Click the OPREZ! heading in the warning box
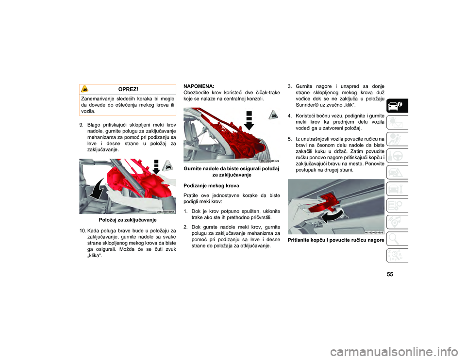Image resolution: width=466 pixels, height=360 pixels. (x=128, y=89)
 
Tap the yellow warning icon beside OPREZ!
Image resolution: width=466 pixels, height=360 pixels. (x=84, y=88)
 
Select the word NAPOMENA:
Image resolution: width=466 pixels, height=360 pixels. (x=199, y=86)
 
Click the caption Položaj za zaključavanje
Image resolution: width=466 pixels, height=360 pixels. (x=128, y=220)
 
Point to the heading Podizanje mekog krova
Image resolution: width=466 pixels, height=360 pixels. (x=211, y=186)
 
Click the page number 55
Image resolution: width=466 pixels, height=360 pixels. (x=390, y=274)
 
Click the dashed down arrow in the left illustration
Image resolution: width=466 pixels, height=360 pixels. (x=156, y=166)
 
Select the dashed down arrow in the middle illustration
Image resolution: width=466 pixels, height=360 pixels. (x=249, y=121)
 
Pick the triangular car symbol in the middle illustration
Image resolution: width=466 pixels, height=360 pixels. (x=273, y=115)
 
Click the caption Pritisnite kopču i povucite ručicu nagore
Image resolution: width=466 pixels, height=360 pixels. (x=336, y=240)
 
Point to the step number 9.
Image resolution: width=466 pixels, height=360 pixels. (x=81, y=125)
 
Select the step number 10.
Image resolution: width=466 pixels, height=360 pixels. (x=83, y=231)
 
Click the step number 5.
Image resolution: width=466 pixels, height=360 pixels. (x=290, y=139)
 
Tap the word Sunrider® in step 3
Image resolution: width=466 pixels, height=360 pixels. (x=307, y=105)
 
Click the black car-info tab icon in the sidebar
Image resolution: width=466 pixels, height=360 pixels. (x=398, y=105)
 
